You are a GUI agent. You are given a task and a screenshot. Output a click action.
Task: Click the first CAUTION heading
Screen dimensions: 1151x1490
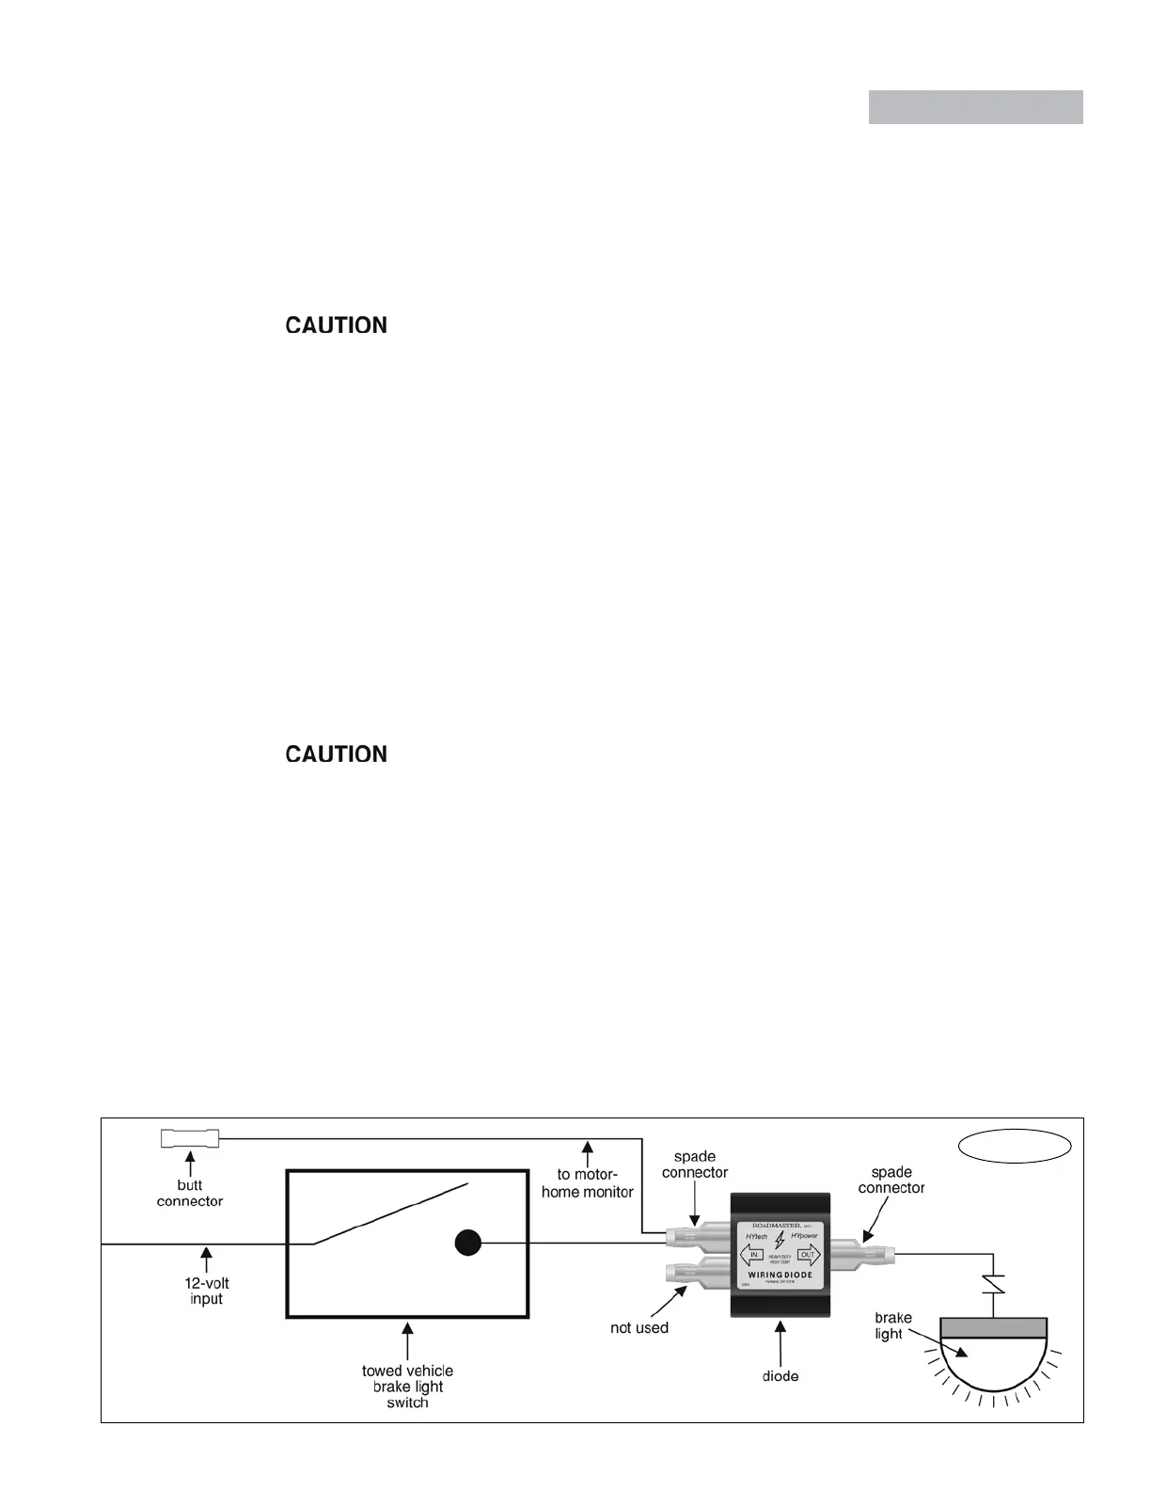(x=336, y=325)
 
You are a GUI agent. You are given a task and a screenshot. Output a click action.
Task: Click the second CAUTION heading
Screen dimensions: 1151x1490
(x=336, y=754)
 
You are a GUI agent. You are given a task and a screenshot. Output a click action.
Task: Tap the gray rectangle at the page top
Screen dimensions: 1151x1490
(x=975, y=107)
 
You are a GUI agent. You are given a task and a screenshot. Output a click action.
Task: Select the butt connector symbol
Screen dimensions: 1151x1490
(x=190, y=1139)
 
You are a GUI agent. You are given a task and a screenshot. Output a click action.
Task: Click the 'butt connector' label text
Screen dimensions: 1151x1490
(x=190, y=1193)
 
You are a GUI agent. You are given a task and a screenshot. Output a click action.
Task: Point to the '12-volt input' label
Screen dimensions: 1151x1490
(x=206, y=1291)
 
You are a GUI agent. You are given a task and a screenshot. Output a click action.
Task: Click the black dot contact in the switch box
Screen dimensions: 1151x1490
(x=467, y=1243)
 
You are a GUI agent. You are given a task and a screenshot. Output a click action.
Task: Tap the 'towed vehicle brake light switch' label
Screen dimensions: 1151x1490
(x=407, y=1387)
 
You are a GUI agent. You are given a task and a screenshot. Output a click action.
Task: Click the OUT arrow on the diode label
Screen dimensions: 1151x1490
(x=808, y=1254)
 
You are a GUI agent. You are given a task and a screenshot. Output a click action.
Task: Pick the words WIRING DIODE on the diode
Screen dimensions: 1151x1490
(x=780, y=1276)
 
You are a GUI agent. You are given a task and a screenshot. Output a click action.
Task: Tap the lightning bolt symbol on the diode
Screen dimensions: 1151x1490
(x=780, y=1241)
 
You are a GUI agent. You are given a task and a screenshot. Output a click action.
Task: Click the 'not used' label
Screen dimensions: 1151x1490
(x=639, y=1328)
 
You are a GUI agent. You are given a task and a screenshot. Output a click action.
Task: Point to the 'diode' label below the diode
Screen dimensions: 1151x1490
(x=780, y=1376)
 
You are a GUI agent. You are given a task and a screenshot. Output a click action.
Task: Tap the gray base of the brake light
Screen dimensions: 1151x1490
(x=993, y=1327)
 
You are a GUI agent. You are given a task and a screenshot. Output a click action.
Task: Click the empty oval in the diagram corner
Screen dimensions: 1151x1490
(x=1016, y=1146)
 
